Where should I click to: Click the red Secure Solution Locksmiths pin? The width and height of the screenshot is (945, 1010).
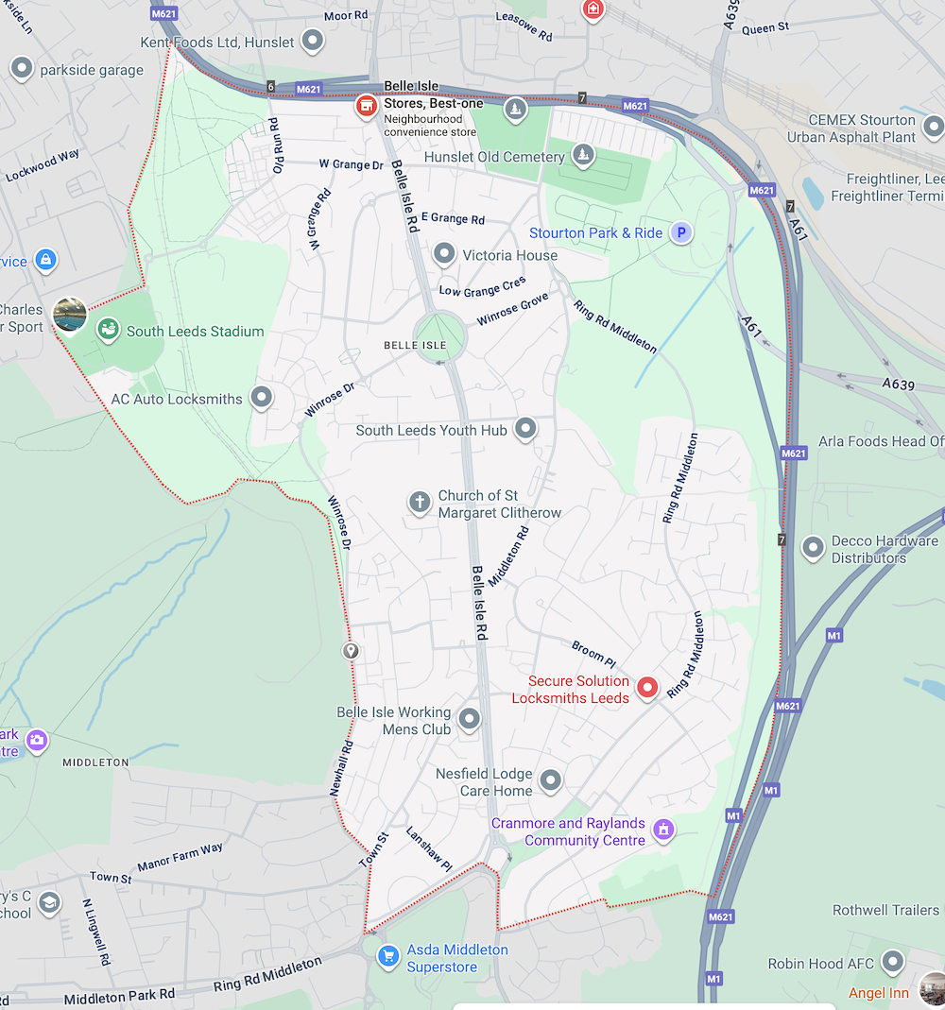pos(646,688)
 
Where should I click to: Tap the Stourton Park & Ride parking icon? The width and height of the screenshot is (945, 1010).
pos(679,232)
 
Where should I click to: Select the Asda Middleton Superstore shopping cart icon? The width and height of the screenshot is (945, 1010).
pos(387,956)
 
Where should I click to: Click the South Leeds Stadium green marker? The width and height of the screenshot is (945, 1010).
pos(109,330)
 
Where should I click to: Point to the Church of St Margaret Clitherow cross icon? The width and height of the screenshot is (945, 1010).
pos(420,502)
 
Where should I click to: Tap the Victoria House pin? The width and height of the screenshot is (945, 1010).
pos(444,253)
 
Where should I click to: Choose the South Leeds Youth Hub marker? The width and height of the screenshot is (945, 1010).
pos(525,429)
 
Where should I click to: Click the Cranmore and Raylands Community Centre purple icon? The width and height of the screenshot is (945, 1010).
pos(663,830)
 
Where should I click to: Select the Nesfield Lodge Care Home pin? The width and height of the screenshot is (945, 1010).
pos(550,780)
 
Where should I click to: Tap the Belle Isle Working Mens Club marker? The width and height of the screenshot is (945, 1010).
pos(469,722)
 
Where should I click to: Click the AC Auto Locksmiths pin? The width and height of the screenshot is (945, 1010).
pos(261,398)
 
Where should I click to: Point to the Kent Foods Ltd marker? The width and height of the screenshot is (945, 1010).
pos(312,41)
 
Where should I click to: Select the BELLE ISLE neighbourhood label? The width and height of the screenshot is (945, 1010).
pos(415,346)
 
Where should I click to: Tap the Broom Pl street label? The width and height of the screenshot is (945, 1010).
pos(593,653)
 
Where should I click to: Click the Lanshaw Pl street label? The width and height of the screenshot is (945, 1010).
pos(429,848)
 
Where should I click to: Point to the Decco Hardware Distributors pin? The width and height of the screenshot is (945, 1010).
pos(813,547)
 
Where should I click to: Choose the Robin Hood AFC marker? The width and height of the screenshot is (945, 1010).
pos(892,963)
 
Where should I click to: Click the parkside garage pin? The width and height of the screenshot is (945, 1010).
pos(22,68)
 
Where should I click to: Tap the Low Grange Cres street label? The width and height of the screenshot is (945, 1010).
pos(482,285)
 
